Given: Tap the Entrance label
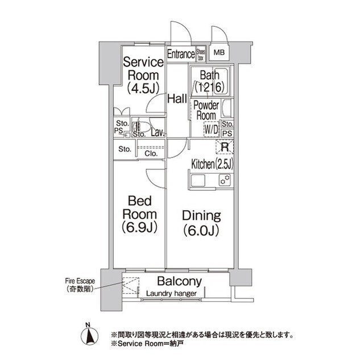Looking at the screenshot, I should click(x=181, y=55).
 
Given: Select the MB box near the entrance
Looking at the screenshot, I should click(x=219, y=53).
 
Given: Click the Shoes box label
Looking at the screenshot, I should click(x=201, y=55).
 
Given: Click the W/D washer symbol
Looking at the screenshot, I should click(x=210, y=129).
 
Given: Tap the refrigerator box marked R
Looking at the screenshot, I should click(x=225, y=147).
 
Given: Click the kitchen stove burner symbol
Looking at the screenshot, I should click(x=225, y=180).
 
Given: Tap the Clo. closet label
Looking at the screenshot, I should click(x=151, y=153).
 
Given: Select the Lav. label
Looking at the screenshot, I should click(x=158, y=133).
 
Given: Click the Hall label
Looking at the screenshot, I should click(x=177, y=99).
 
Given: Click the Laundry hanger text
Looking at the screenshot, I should click(x=171, y=294).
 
